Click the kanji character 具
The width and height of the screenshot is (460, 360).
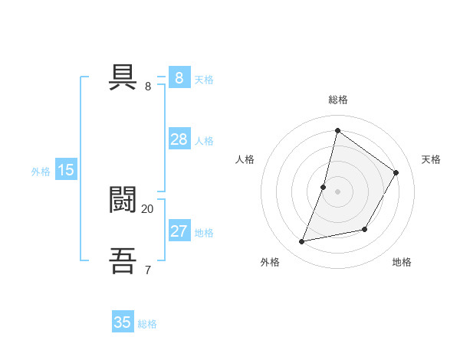[123, 78]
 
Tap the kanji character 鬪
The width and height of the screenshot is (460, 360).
[123, 199]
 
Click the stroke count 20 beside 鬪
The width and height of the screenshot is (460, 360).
[147, 208]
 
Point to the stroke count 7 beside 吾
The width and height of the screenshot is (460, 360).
[147, 269]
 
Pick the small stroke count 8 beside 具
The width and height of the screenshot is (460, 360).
[148, 87]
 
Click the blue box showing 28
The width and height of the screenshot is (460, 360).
[179, 139]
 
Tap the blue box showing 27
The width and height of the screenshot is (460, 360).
[179, 231]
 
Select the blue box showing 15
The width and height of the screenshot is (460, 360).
[65, 170]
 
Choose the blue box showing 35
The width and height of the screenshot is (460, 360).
[123, 322]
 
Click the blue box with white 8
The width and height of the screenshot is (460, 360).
[179, 78]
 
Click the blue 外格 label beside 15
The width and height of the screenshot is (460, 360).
[41, 172]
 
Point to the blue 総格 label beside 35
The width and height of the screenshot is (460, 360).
[147, 324]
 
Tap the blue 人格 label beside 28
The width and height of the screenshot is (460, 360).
[204, 141]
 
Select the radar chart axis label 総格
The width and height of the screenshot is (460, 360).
[337, 100]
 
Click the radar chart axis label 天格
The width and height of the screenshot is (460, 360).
[431, 159]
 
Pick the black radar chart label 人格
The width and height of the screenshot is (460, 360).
[245, 159]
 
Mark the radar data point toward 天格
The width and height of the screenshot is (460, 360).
[396, 172]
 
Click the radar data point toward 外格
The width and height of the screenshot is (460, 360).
[302, 242]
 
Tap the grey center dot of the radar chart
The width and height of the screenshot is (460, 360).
[337, 191]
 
